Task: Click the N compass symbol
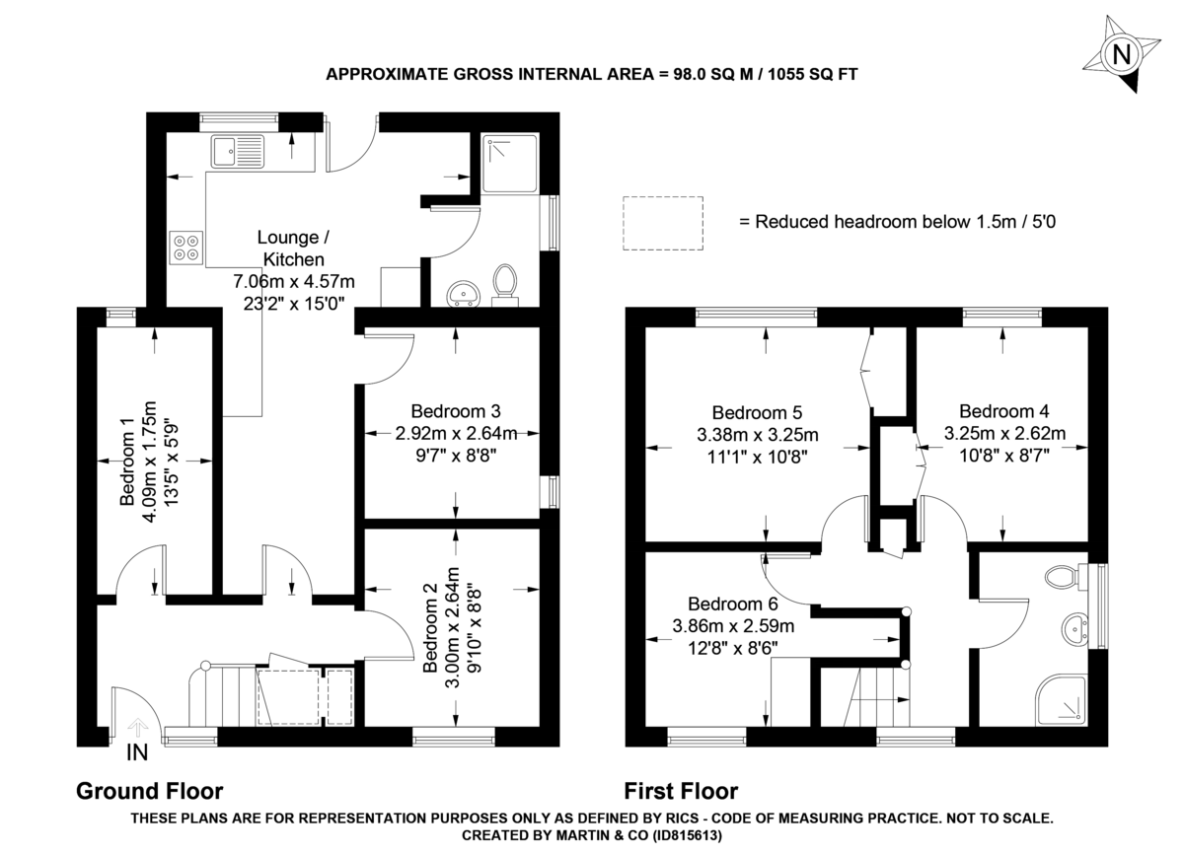point(1121,54)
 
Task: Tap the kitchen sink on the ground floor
point(238,152)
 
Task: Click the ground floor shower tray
point(507,161)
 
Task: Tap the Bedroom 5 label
point(758,413)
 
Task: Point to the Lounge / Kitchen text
point(288,249)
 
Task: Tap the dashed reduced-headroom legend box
point(662,222)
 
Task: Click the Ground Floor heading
point(150,791)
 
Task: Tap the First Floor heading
point(681,791)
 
